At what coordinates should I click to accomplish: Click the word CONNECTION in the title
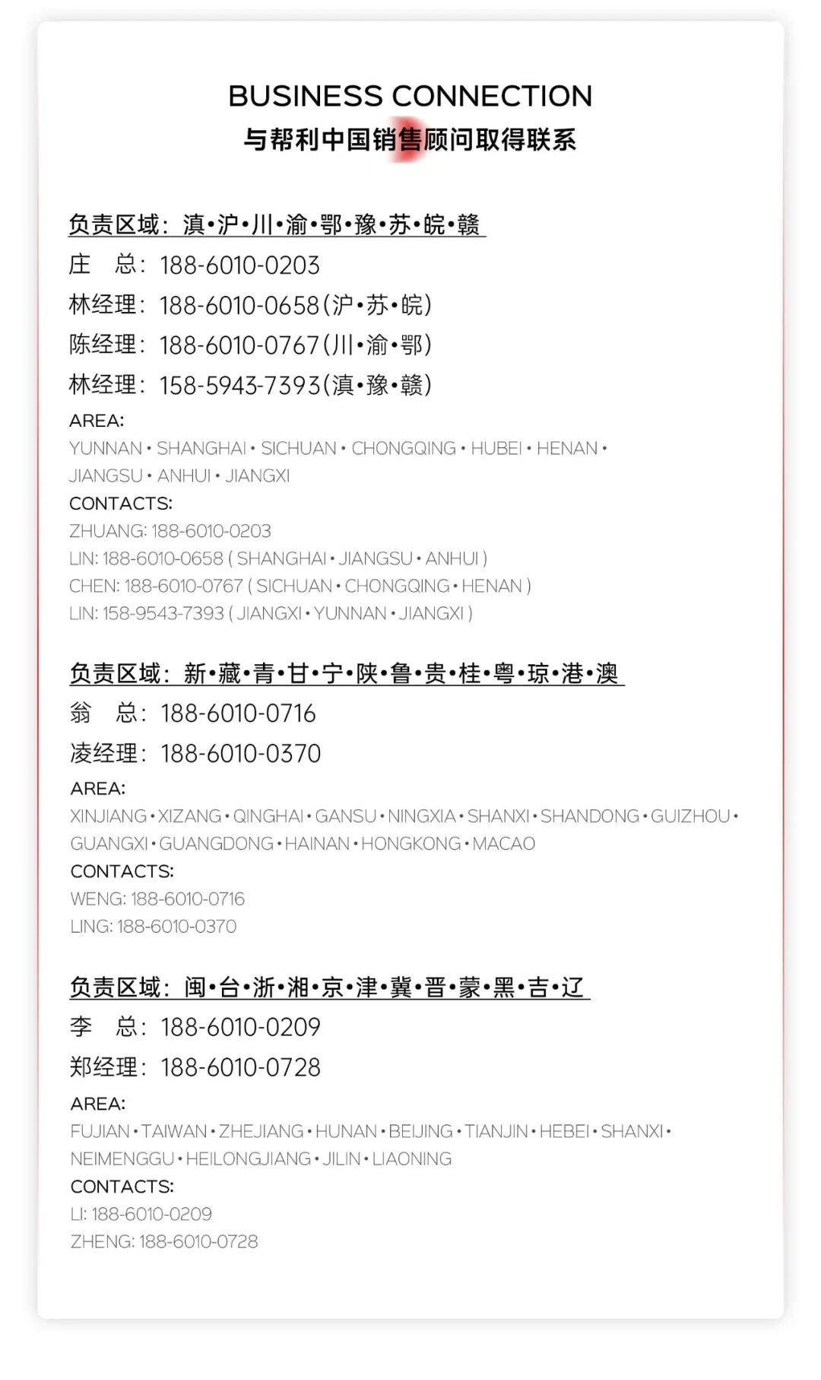[491, 97]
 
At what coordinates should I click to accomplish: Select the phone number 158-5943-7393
[239, 386]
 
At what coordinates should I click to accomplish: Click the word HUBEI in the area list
[496, 449]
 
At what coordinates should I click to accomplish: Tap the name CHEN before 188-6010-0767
[94, 587]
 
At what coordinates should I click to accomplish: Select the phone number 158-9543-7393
[163, 614]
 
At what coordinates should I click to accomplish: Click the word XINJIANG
[108, 816]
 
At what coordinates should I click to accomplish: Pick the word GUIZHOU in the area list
[690, 816]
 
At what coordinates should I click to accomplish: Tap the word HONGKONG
[410, 844]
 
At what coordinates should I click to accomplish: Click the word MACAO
[503, 844]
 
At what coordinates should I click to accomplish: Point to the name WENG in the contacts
[97, 899]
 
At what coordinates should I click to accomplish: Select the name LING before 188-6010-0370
[90, 927]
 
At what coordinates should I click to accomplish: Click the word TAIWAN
[174, 1132]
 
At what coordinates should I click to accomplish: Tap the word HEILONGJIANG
[248, 1159]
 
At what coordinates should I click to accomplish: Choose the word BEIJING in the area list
[420, 1132]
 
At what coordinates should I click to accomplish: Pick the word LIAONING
[411, 1159]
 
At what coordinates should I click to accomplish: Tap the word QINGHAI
[268, 816]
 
